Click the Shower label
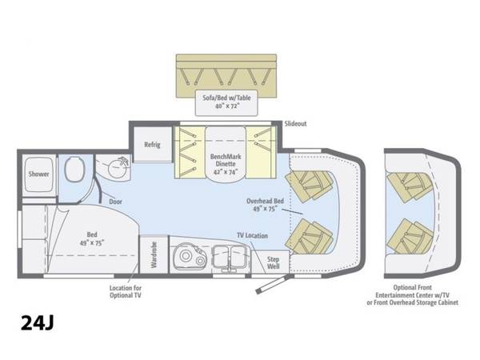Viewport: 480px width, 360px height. [38, 174]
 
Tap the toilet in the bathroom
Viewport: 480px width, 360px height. [74, 168]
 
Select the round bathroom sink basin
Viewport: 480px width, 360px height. [118, 168]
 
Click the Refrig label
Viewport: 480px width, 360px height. [152, 145]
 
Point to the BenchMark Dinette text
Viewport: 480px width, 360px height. [226, 160]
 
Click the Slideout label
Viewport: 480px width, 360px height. [295, 124]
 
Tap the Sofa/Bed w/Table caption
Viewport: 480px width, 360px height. [226, 98]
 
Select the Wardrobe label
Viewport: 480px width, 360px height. [154, 254]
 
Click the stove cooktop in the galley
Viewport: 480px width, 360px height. [189, 257]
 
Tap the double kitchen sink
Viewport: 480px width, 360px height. [231, 257]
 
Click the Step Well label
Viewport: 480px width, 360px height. [273, 262]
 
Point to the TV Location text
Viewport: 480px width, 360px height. [252, 235]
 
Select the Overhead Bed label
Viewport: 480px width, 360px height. [265, 201]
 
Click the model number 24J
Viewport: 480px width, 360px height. [38, 322]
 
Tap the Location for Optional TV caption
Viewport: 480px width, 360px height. [126, 292]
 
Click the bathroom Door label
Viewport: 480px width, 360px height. [115, 202]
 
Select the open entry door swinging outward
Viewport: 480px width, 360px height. [273, 284]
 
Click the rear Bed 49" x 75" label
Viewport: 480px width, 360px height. [92, 238]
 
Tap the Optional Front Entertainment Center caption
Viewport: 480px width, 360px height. [412, 295]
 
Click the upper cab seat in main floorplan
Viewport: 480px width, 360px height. [309, 186]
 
